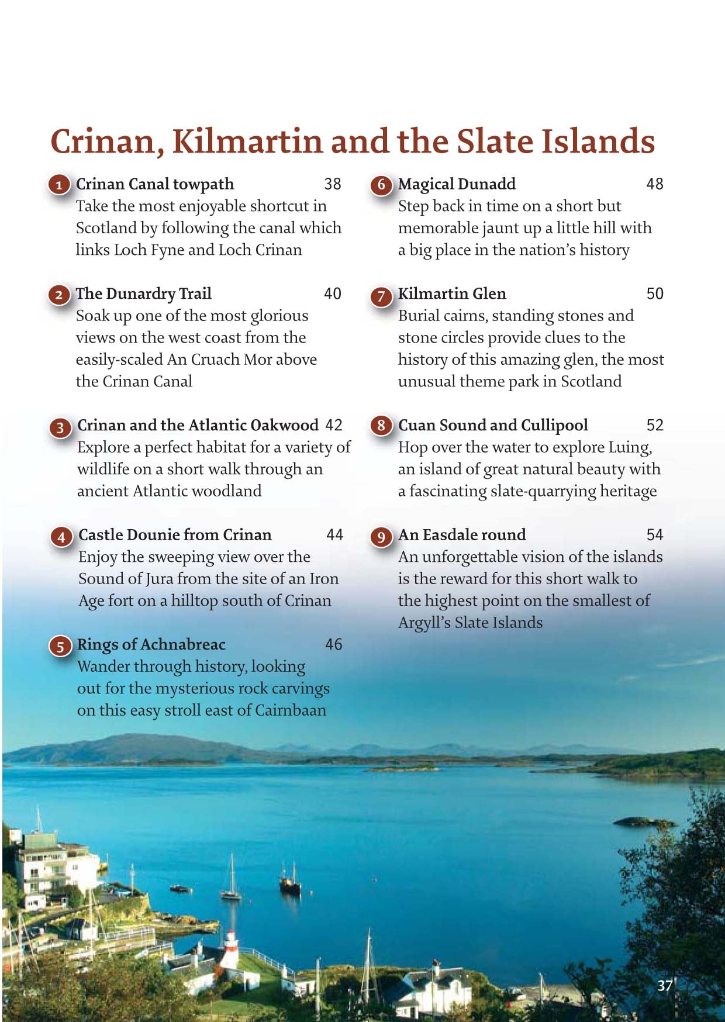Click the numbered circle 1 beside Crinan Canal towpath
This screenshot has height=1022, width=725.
(x=58, y=186)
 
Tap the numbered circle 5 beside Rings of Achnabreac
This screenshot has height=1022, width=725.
(x=60, y=646)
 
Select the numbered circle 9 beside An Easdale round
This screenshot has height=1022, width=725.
(x=381, y=536)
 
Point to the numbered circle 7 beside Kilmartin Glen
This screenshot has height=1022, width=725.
(x=381, y=295)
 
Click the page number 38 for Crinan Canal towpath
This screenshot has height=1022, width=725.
(x=332, y=184)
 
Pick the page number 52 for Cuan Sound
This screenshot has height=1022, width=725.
(x=655, y=425)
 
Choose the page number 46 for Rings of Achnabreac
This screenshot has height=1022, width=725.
(x=333, y=644)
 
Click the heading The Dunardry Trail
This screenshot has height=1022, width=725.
(x=143, y=294)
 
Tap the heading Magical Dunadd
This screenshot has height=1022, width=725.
(x=457, y=184)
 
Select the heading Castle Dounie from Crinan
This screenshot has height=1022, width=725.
(x=175, y=535)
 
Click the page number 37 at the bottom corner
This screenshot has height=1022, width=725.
(x=664, y=986)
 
